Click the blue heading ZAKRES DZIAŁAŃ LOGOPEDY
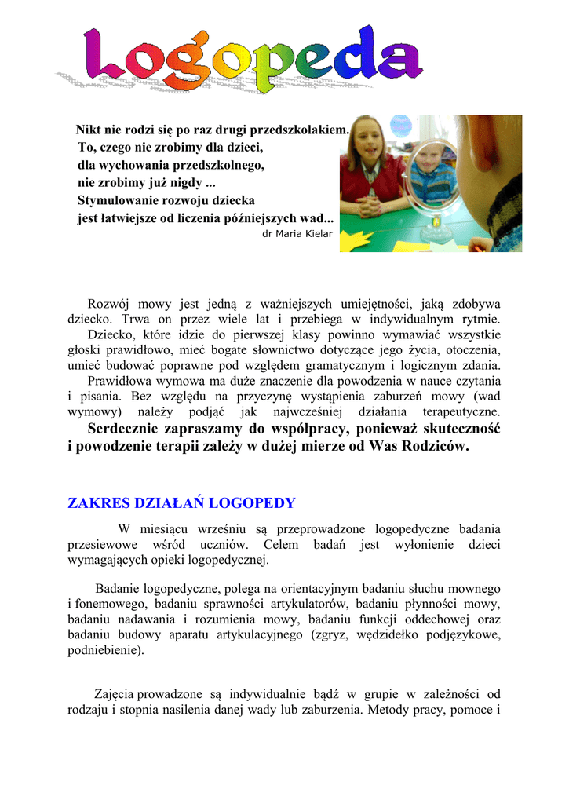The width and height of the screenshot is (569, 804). coord(181,503)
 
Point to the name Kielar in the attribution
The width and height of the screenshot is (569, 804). coord(319,233)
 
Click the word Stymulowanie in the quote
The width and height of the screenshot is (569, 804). coord(114,200)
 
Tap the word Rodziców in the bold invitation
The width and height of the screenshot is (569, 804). coord(435,446)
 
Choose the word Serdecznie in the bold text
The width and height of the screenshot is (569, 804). coord(124,429)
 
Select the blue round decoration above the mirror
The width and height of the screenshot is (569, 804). coord(400,126)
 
